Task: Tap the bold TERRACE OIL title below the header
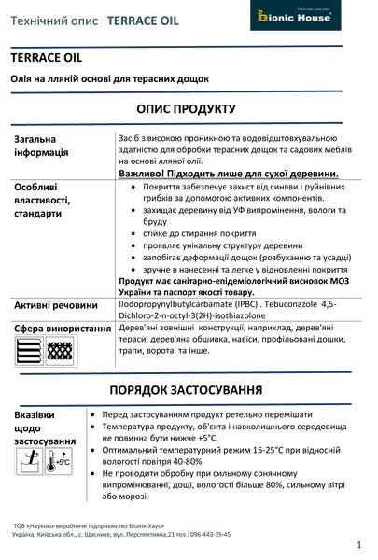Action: (x=47, y=58)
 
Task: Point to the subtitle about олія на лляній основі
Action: (x=110, y=79)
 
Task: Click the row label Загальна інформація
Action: (x=42, y=146)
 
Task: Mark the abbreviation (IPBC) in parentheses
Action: (x=244, y=304)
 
